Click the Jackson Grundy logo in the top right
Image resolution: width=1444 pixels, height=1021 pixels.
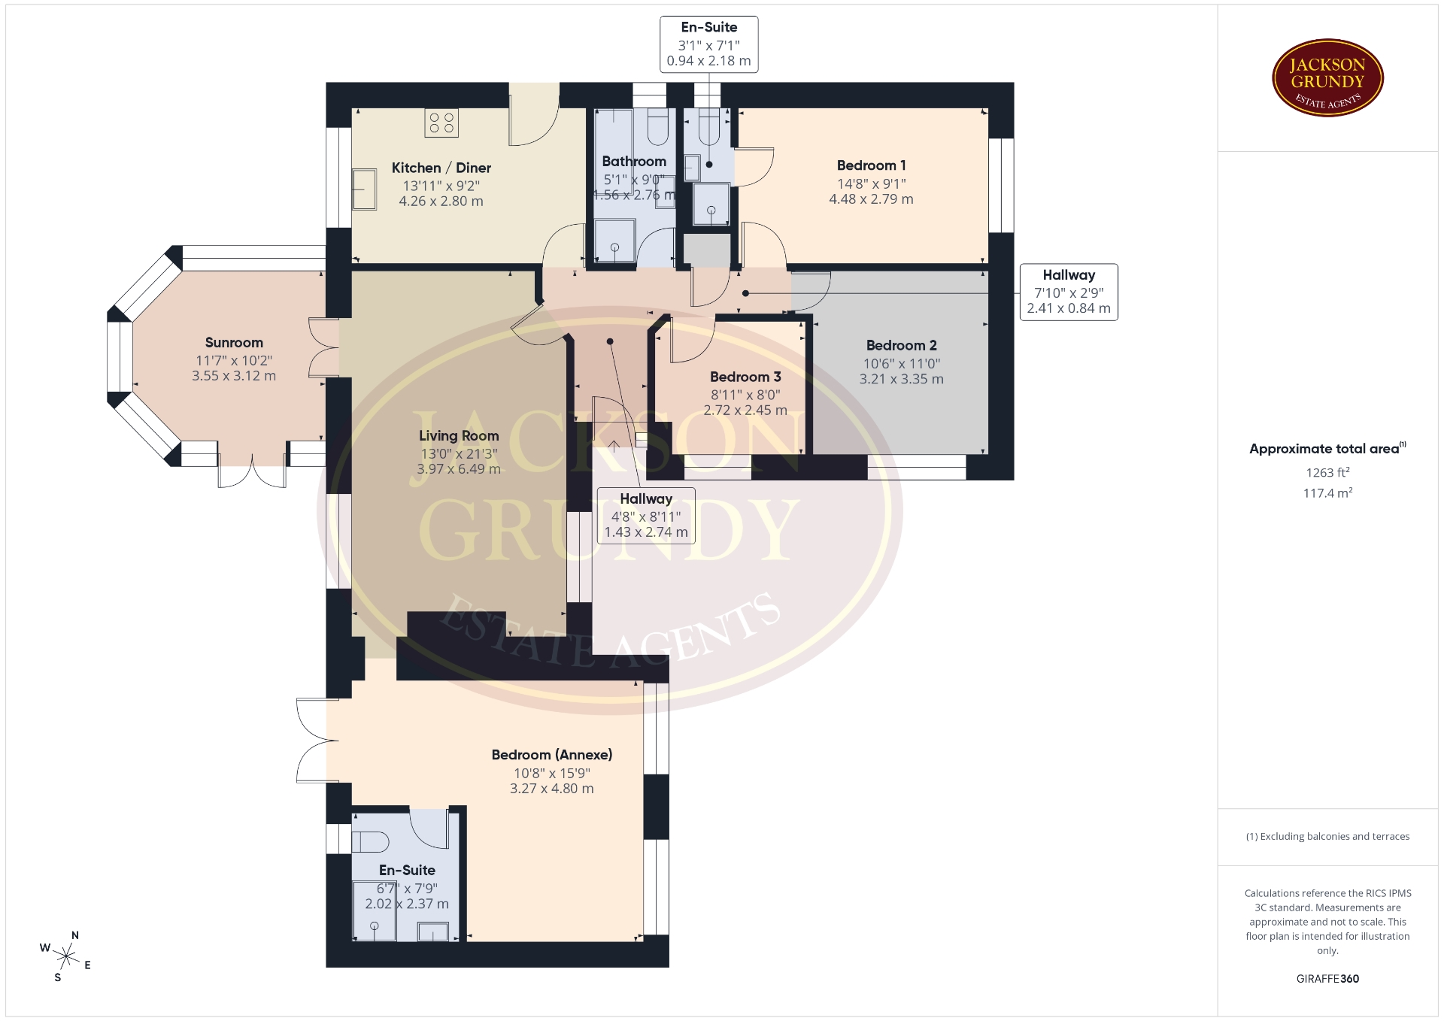coord(1327,77)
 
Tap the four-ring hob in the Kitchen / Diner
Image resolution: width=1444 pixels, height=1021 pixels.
coord(441,123)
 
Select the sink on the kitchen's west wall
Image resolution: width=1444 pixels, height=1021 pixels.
coord(365,189)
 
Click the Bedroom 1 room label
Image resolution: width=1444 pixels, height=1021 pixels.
coord(871,165)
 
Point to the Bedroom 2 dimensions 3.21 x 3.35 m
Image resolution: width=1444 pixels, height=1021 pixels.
coord(901,379)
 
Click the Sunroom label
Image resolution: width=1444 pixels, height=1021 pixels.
coord(234,343)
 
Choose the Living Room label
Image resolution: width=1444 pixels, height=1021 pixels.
coord(459,436)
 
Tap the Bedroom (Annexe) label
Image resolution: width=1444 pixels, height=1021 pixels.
coord(552,755)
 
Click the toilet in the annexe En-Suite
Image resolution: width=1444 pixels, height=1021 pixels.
coord(370,841)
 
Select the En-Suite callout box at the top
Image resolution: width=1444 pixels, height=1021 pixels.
coord(709,44)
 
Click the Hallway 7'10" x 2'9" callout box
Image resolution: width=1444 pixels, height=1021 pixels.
coord(1069,292)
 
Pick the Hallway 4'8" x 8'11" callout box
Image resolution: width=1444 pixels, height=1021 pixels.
coord(646,516)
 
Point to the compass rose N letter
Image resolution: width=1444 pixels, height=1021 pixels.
coord(74,935)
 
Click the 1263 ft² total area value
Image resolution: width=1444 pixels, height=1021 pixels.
coord(1327,472)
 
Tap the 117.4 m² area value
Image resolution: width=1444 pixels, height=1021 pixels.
coord(1327,492)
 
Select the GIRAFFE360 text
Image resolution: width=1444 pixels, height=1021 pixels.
coord(1327,979)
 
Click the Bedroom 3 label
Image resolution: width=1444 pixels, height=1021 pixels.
coord(745,377)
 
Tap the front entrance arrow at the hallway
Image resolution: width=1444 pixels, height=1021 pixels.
coord(614,446)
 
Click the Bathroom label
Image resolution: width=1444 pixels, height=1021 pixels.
coord(634,162)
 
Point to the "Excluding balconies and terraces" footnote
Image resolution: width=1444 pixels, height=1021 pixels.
coord(1327,836)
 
